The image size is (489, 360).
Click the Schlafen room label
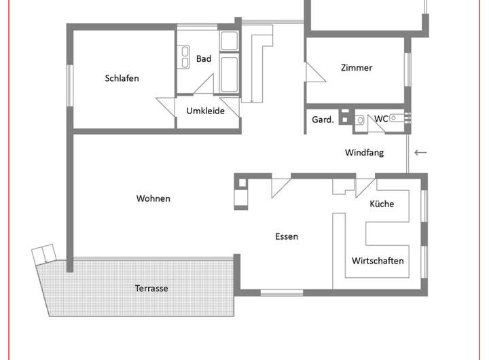(122, 78)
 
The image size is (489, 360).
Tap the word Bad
(204, 58)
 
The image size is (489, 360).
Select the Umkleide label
(205, 111)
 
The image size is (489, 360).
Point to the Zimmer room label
(357, 67)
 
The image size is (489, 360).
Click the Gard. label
(323, 120)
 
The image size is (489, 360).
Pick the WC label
(382, 119)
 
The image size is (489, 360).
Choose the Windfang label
(364, 152)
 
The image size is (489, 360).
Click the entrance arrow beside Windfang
(420, 152)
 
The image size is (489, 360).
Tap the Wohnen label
(153, 198)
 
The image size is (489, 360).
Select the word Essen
(287, 236)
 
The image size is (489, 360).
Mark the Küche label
(382, 204)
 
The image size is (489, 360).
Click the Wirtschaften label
(378, 260)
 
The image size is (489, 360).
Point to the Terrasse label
(151, 288)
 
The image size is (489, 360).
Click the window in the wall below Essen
(281, 293)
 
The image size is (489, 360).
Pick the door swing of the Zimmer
(313, 72)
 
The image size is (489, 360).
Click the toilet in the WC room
(361, 120)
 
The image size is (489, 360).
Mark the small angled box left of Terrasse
(43, 255)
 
